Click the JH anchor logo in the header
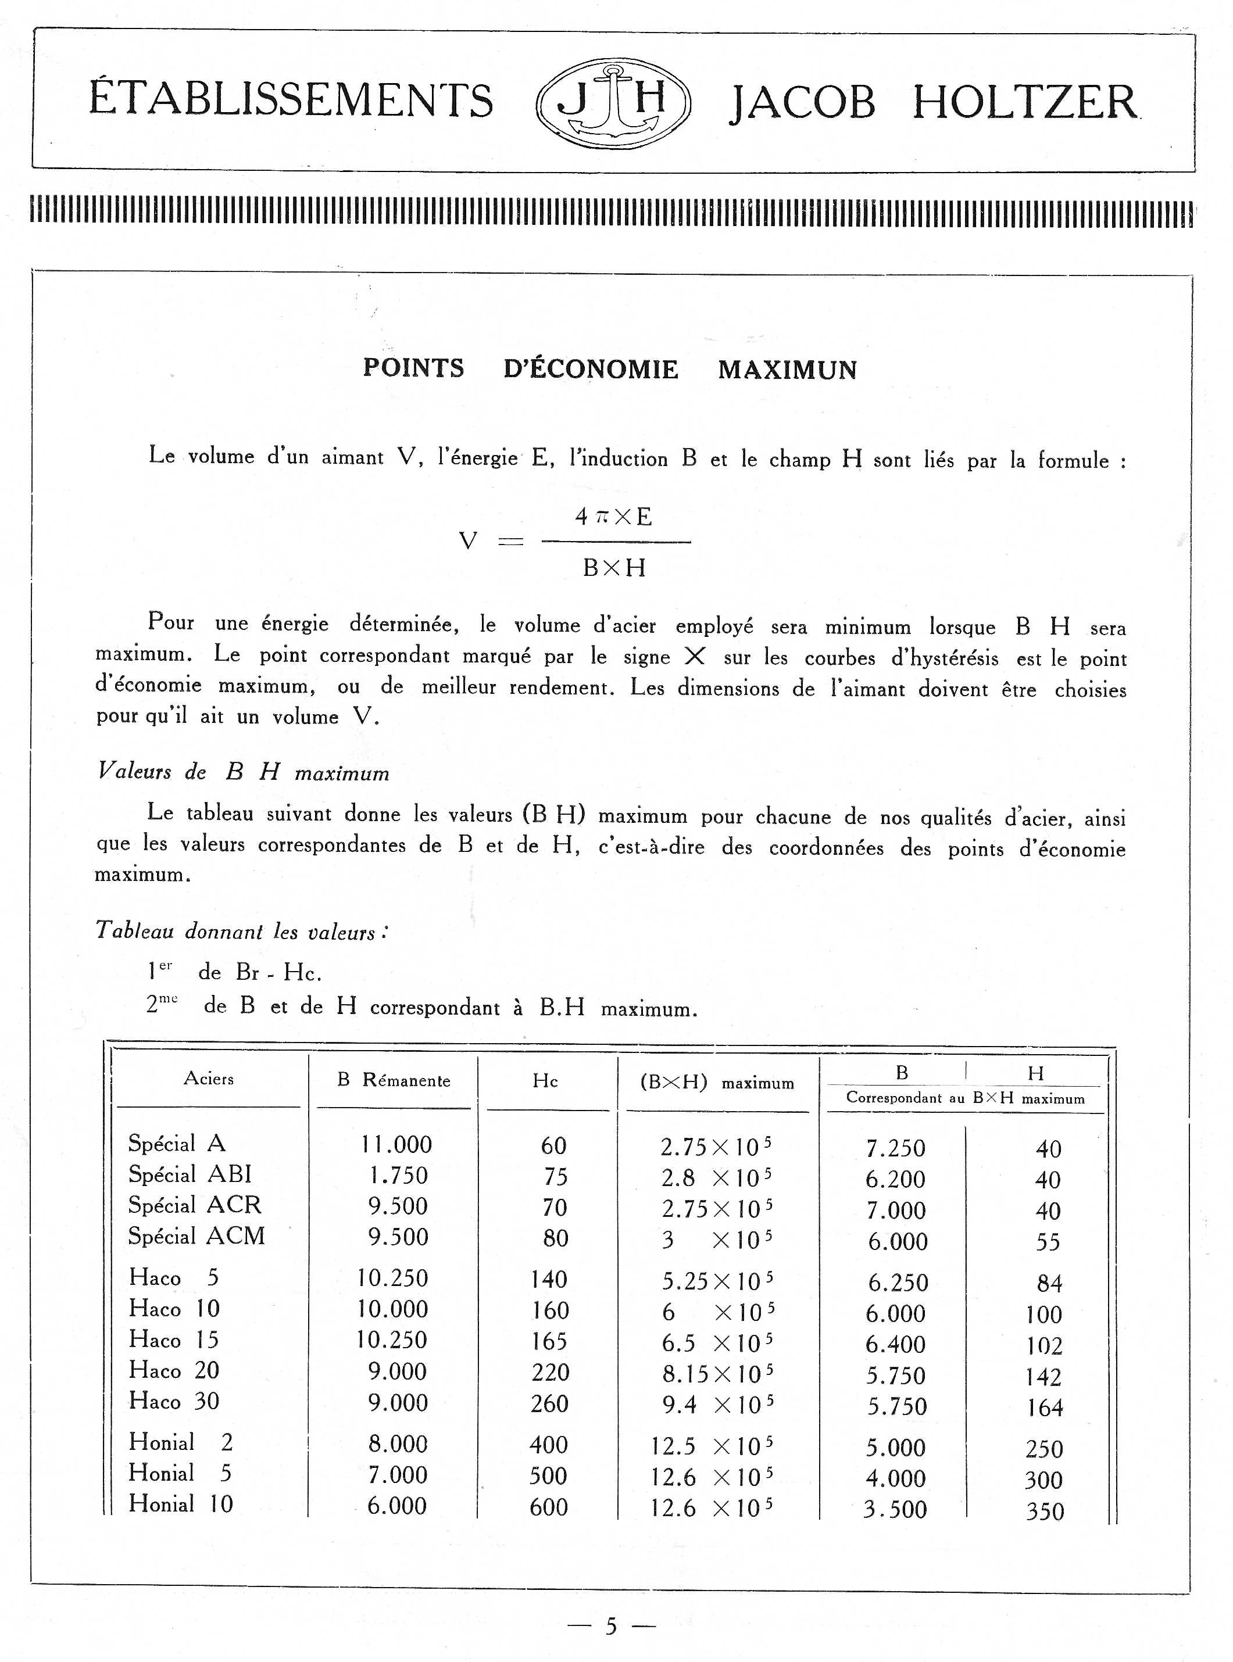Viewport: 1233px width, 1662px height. pos(613,102)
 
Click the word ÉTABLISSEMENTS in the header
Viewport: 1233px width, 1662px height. pos(291,100)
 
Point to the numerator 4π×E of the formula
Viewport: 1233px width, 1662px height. pos(613,516)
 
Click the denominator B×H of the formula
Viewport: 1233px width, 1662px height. pos(613,568)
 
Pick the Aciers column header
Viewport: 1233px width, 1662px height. pos(209,1079)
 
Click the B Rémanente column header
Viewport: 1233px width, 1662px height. pos(394,1081)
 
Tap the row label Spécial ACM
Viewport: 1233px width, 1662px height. pos(196,1236)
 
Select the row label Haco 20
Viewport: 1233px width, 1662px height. pos(174,1370)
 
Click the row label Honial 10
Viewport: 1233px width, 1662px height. pos(181,1504)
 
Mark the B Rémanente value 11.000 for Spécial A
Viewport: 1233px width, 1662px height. pos(396,1145)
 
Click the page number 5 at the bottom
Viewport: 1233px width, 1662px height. pos(612,1626)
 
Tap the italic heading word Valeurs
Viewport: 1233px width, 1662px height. pos(134,771)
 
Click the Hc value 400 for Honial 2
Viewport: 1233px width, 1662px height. pos(549,1445)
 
